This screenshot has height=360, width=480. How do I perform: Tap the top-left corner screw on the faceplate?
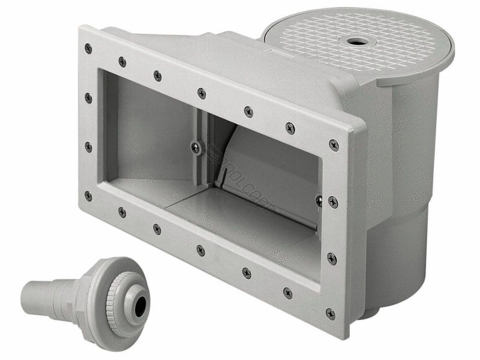tap(88, 49)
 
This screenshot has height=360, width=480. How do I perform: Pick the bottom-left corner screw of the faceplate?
tap(88, 196)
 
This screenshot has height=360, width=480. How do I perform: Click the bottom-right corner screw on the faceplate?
tap(331, 313)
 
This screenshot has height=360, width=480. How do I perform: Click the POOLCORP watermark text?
tap(240, 180)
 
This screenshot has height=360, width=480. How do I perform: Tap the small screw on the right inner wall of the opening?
tap(319, 200)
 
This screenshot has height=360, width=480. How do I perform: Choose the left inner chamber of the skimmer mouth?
tap(150, 132)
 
